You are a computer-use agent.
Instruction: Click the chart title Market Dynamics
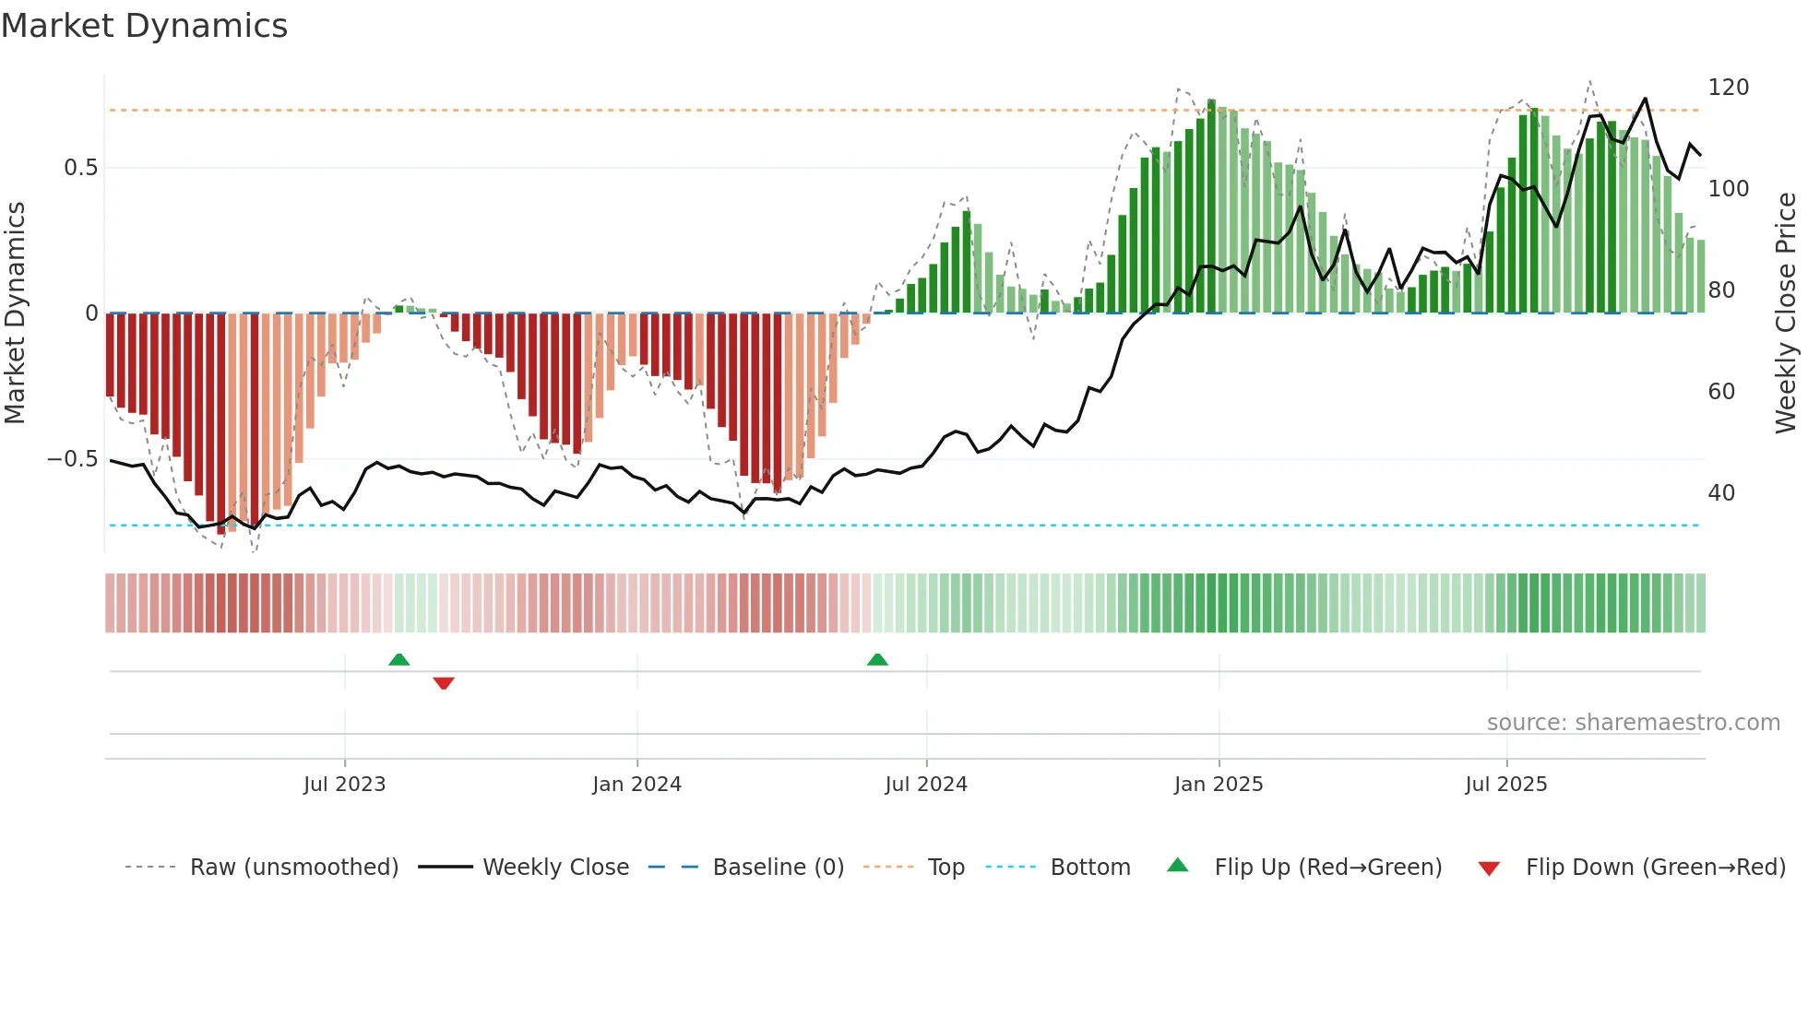click(145, 26)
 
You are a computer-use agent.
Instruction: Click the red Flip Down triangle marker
click(444, 683)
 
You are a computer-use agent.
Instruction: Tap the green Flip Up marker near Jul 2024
click(877, 660)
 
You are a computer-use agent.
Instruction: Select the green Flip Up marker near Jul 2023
click(398, 660)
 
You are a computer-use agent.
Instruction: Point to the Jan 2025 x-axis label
click(1218, 785)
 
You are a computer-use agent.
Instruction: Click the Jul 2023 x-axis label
click(344, 785)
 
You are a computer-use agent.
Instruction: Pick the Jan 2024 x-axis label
click(636, 785)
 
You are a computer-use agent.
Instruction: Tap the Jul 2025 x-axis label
click(1505, 785)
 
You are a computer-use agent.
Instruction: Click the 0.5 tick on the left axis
click(80, 168)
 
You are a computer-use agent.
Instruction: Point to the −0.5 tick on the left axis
click(73, 459)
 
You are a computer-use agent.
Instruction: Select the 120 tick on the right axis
click(1728, 88)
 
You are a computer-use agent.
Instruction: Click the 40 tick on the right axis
click(1721, 493)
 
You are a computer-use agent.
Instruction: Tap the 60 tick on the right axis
click(1721, 392)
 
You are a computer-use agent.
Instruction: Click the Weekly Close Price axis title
click(1786, 313)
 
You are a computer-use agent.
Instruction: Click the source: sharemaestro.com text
click(1633, 723)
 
